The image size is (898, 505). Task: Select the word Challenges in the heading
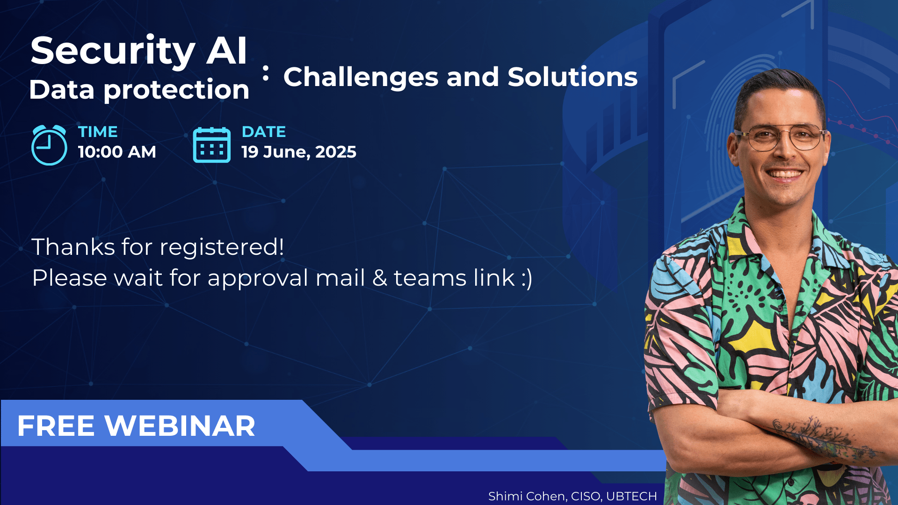(361, 78)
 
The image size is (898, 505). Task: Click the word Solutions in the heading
(572, 77)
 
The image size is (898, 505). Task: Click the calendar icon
(212, 145)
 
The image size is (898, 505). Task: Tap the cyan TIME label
(98, 132)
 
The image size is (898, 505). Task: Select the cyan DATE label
(264, 132)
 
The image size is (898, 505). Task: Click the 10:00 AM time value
(117, 152)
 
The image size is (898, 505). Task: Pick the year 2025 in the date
(336, 152)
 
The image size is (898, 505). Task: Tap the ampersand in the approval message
(380, 278)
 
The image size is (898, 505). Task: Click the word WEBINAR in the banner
(180, 426)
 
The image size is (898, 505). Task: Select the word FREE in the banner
(56, 426)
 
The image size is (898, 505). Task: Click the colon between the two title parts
(266, 73)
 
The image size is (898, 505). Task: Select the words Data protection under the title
(139, 90)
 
